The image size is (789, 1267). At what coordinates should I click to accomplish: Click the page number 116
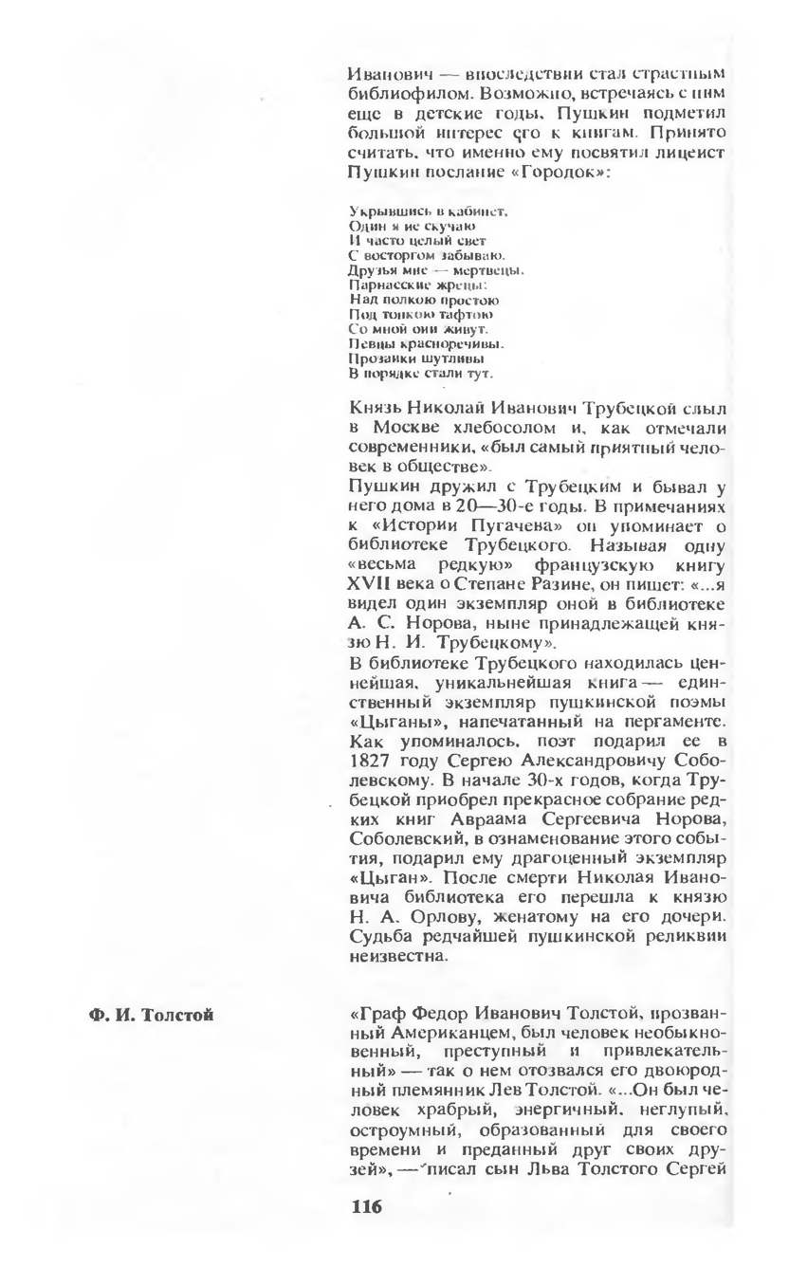click(x=365, y=1207)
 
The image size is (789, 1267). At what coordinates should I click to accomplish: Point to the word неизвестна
click(x=397, y=957)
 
